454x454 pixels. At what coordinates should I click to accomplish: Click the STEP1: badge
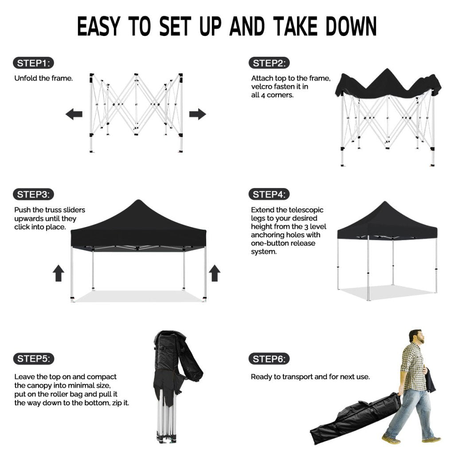click(33, 63)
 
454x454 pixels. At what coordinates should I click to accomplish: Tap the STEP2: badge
click(269, 63)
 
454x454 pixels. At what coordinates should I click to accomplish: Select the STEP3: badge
click(33, 194)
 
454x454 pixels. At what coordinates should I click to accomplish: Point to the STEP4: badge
click(269, 194)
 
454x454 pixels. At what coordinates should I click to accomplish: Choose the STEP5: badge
click(34, 359)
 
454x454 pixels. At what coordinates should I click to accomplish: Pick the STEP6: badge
click(269, 359)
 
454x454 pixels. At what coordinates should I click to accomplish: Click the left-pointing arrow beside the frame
click(74, 114)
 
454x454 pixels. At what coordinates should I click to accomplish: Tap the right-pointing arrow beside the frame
click(197, 114)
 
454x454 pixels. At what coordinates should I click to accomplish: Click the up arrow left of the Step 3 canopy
click(59, 273)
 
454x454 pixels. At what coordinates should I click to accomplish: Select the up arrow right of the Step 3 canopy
click(215, 273)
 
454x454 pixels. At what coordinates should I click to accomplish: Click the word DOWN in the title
click(351, 27)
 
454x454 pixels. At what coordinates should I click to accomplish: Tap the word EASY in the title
click(98, 27)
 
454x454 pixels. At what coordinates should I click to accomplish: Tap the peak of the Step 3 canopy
click(138, 200)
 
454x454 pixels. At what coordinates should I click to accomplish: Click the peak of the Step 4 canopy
click(384, 202)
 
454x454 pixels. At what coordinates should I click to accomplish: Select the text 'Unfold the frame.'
click(43, 78)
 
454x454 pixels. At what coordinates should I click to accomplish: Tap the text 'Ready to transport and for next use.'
click(310, 377)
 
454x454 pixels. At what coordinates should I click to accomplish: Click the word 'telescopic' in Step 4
click(306, 210)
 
